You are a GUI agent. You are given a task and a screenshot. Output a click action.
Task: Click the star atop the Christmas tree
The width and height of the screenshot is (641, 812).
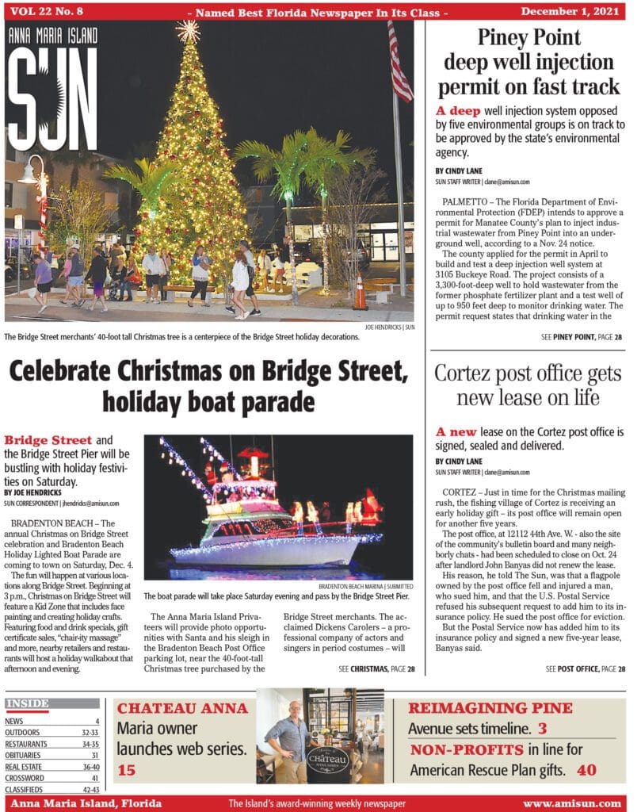(x=188, y=30)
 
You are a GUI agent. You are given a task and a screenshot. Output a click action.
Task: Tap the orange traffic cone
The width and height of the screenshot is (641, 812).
(x=361, y=292)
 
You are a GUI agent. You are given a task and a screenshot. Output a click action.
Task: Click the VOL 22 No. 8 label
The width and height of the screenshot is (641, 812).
(x=50, y=12)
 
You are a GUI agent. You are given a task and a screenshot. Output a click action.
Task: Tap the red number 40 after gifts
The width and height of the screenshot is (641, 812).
(x=586, y=769)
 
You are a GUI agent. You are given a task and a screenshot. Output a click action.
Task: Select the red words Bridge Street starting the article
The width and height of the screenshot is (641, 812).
(x=48, y=440)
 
